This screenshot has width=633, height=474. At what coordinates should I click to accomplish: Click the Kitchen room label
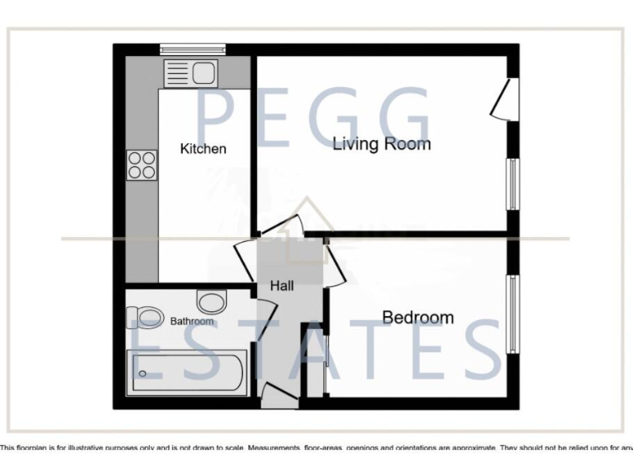click(203, 149)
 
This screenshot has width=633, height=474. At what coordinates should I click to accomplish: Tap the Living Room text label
click(382, 144)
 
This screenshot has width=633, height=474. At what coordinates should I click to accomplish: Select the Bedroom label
click(418, 318)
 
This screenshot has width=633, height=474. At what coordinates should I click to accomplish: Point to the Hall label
click(282, 286)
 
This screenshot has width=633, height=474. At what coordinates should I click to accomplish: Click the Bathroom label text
click(192, 322)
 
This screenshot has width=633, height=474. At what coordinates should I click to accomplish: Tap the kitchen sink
click(190, 72)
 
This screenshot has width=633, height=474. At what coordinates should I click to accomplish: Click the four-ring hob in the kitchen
click(142, 165)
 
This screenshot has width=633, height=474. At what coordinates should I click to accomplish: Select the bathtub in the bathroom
click(186, 373)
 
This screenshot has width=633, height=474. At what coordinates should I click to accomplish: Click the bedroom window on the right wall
click(513, 314)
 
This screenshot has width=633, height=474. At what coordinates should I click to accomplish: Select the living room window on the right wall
click(513, 183)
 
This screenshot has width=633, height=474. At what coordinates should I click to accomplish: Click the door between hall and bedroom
click(335, 263)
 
